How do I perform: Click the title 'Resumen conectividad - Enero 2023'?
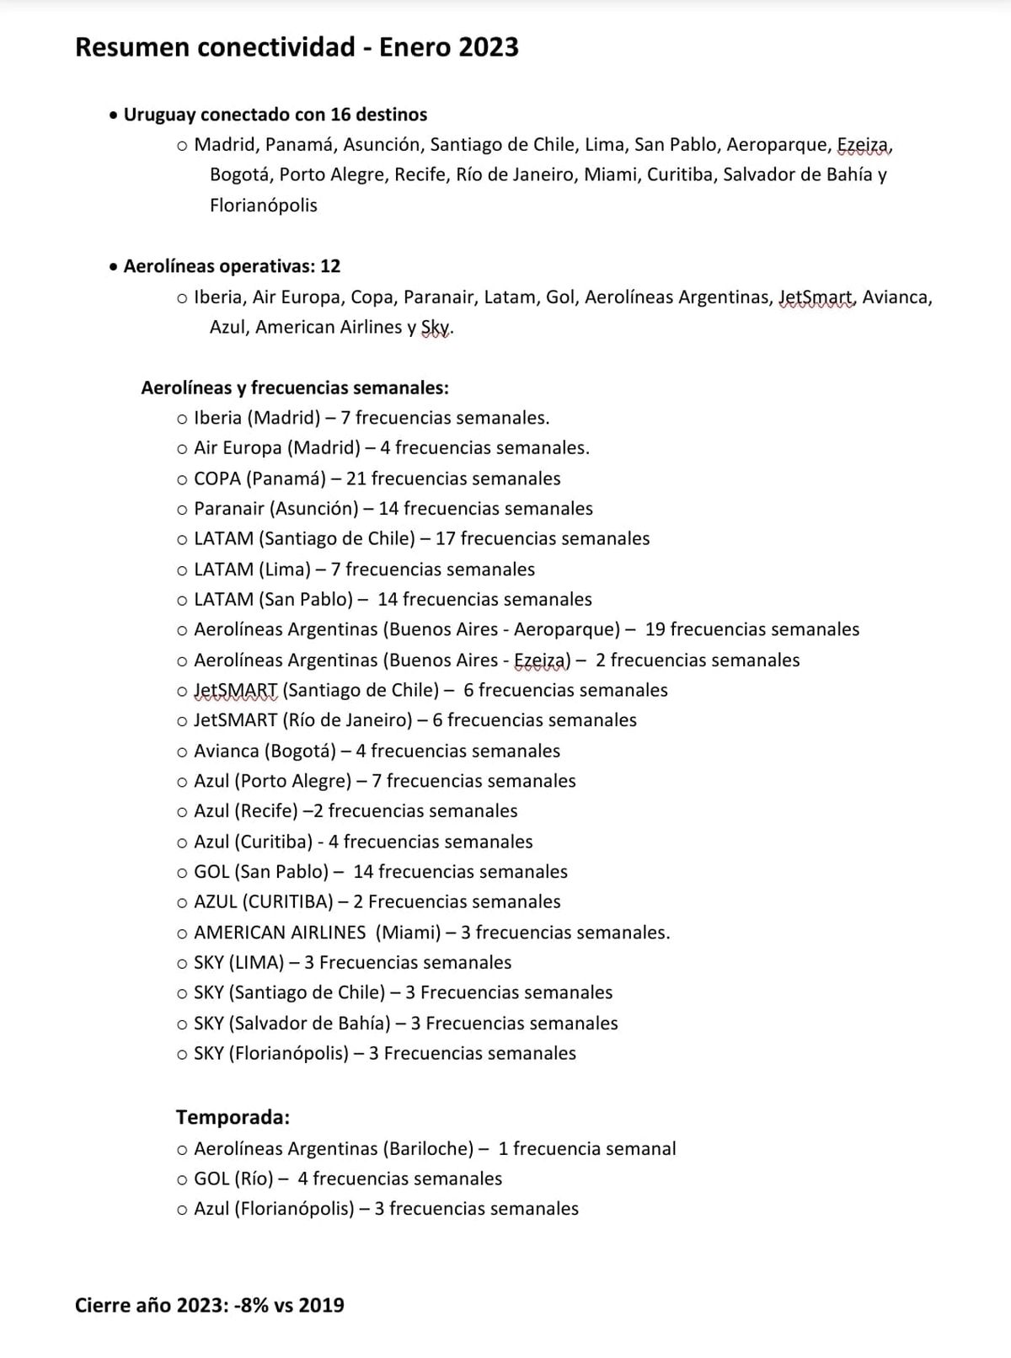pyautogui.click(x=297, y=47)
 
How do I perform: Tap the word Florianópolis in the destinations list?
pyautogui.click(x=263, y=205)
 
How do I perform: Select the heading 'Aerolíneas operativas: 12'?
pyautogui.click(x=232, y=266)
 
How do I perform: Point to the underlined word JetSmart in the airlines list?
pyautogui.click(x=816, y=297)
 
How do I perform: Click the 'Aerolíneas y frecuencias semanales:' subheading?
pyautogui.click(x=295, y=388)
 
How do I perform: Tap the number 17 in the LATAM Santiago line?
pyautogui.click(x=446, y=538)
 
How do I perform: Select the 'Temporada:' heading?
pyautogui.click(x=233, y=1117)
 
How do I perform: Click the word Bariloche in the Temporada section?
pyautogui.click(x=429, y=1148)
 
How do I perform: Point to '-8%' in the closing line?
pyautogui.click(x=251, y=1306)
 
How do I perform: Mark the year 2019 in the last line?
pyautogui.click(x=321, y=1306)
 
